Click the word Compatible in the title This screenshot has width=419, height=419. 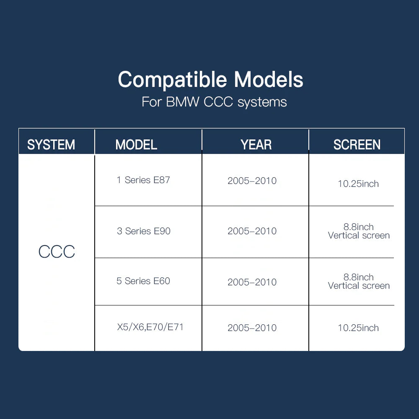pyautogui.click(x=173, y=80)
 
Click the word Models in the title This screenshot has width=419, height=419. pyautogui.click(x=269, y=79)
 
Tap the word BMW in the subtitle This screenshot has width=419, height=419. pyautogui.click(x=183, y=102)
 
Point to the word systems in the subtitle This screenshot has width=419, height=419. pyautogui.click(x=262, y=102)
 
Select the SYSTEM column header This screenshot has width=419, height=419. pyautogui.click(x=51, y=145)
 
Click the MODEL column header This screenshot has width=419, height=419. pyautogui.click(x=136, y=145)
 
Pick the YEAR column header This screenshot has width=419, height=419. pyautogui.click(x=256, y=145)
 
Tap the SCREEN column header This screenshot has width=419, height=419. pyautogui.click(x=357, y=145)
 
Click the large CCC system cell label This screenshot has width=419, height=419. pyautogui.click(x=57, y=251)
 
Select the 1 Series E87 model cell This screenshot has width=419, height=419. pyautogui.click(x=143, y=180)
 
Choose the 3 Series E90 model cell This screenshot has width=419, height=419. pyautogui.click(x=143, y=231)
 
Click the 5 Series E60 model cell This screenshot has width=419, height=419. pyautogui.click(x=143, y=281)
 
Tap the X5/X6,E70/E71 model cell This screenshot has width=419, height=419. pyautogui.click(x=150, y=327)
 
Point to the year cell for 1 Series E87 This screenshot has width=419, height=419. pyautogui.click(x=252, y=181)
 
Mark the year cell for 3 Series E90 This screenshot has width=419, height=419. pyautogui.click(x=252, y=231)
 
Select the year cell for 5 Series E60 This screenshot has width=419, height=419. pyautogui.click(x=252, y=282)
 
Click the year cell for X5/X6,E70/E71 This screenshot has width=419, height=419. pyautogui.click(x=252, y=328)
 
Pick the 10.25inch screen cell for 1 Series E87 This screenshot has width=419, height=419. pyautogui.click(x=358, y=184)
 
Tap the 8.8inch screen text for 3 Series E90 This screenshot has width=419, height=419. pyautogui.click(x=359, y=227)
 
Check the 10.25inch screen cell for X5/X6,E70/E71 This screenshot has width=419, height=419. pyautogui.click(x=358, y=328)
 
